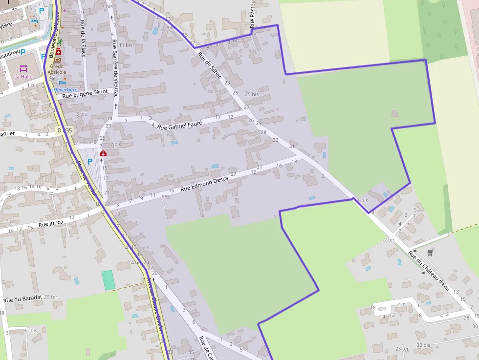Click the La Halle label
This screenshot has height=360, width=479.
pyautogui.click(x=22, y=77)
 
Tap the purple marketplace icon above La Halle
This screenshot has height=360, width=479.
pyautogui.click(x=23, y=69)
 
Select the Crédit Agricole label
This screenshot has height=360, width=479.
pyautogui.click(x=57, y=69)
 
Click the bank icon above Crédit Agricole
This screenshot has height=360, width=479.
pyautogui.click(x=57, y=60)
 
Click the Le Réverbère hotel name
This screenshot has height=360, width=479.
pyautogui.click(x=63, y=90)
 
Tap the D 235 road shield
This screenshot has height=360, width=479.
pyautogui.click(x=64, y=130)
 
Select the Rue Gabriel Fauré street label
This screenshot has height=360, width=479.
pyautogui.click(x=179, y=122)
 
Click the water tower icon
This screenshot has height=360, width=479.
pyautogui.click(x=430, y=253)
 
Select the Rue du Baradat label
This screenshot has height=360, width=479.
pyautogui.click(x=22, y=299)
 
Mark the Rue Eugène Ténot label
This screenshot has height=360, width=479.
pyautogui.click(x=85, y=93)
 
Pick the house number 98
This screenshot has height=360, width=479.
pyautogui.click(x=165, y=196)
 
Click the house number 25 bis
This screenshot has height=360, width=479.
pyautogui.click(x=252, y=94)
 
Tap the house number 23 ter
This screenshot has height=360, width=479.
pyautogui.click(x=402, y=348)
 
